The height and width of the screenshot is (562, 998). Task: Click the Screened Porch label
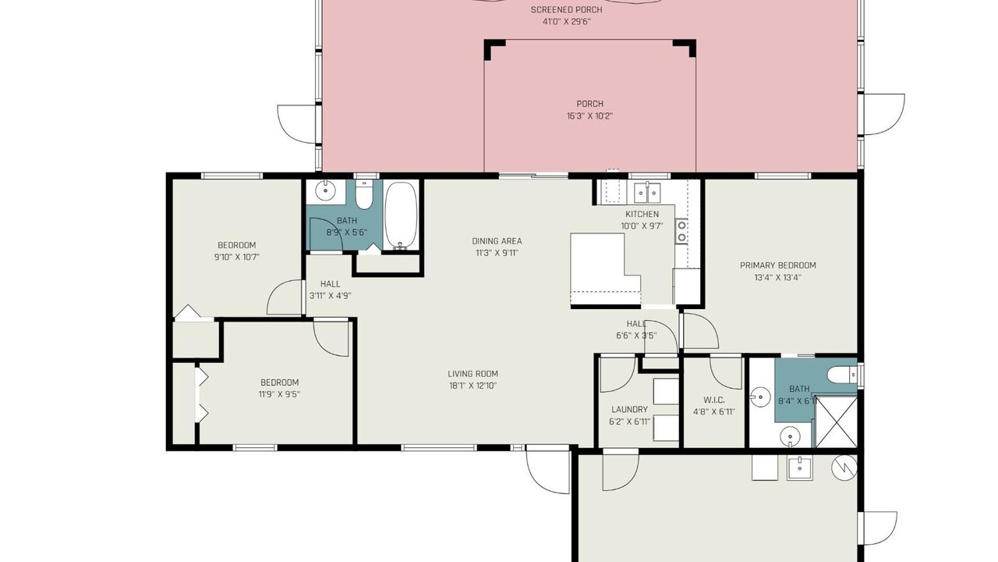(566, 10)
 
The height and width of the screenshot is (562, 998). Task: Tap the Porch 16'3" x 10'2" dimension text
(589, 116)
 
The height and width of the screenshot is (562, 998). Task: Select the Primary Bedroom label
(777, 265)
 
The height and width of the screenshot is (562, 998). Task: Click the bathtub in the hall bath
(401, 215)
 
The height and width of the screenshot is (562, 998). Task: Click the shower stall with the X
(835, 421)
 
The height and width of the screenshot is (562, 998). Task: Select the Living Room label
(472, 374)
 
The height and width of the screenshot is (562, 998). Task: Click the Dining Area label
(497, 241)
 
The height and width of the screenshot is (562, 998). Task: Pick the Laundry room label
(629, 410)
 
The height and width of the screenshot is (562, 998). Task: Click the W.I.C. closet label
(713, 400)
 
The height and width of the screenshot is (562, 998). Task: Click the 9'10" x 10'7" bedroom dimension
(236, 257)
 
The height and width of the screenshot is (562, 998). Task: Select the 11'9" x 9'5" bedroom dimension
(279, 394)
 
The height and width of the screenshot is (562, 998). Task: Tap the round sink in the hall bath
(326, 191)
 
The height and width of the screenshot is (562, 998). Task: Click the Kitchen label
(642, 214)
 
